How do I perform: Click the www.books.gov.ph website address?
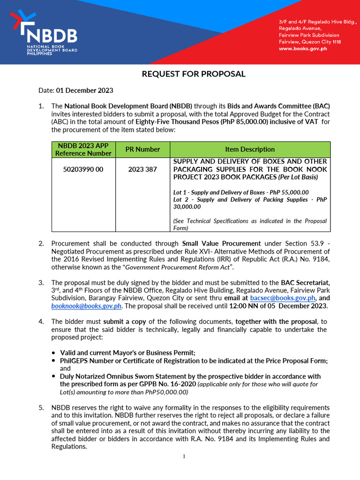(303, 49)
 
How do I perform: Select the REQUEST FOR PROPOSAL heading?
(194, 74)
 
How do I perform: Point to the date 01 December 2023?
(84, 90)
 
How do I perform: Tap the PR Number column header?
(142, 149)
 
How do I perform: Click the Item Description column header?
(250, 149)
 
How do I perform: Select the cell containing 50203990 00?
(83, 169)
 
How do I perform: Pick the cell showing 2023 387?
(142, 169)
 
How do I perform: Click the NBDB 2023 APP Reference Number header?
(83, 149)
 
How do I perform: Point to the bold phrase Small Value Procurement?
(221, 243)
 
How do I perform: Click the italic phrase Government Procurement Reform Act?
(182, 267)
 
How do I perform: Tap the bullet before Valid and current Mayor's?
(54, 352)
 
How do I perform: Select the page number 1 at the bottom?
(185, 457)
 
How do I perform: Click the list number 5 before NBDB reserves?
(41, 407)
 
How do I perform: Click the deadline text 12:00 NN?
(255, 306)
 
